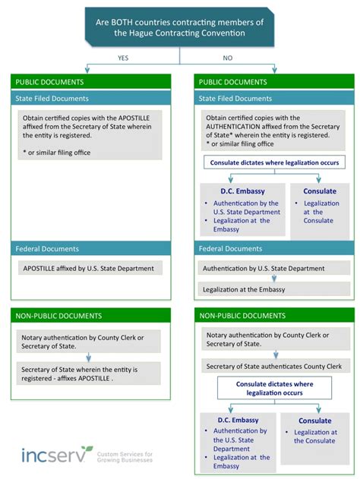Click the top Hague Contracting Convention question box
click(x=180, y=27)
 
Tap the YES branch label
click(x=123, y=58)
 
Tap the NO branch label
click(x=228, y=58)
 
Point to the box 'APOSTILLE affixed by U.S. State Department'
click(x=90, y=268)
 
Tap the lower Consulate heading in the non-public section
click(x=314, y=421)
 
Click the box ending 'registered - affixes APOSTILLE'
click(x=90, y=373)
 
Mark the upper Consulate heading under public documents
click(x=319, y=191)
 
